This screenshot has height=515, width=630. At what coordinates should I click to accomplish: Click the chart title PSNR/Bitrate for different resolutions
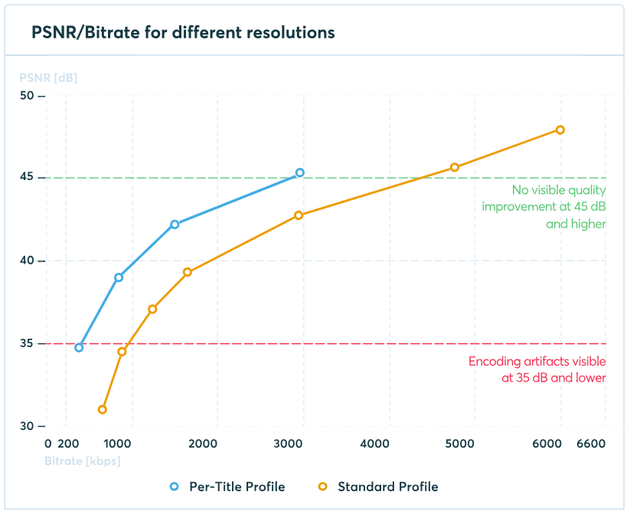183,32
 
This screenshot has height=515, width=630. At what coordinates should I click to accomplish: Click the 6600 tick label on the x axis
590,444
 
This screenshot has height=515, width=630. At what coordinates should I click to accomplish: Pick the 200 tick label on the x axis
69,444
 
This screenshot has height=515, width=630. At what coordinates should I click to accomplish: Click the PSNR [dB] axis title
48,77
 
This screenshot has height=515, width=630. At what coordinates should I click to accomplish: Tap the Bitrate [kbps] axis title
83,461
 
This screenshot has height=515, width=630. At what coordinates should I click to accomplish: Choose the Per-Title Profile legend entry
227,487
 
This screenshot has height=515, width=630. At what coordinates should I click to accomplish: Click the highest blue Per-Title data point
300,173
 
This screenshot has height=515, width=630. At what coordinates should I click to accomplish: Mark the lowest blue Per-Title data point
79,347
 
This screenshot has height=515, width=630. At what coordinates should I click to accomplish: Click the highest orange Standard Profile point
560,130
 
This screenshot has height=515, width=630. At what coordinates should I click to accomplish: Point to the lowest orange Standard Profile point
103,409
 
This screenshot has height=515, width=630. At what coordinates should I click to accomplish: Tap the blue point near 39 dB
119,277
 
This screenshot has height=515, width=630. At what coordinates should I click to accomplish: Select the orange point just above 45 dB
455,167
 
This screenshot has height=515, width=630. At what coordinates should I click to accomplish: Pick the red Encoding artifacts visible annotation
537,369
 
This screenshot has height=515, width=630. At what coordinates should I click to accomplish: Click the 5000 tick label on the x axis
460,444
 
